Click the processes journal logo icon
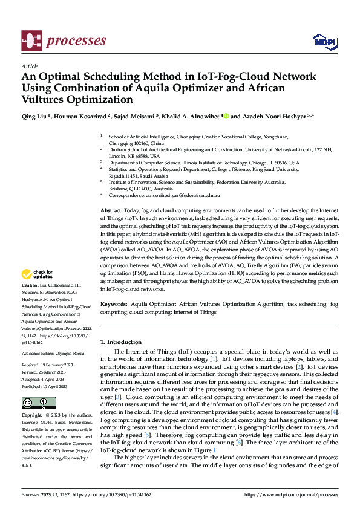click(31, 41)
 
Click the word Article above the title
click(30, 66)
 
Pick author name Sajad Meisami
click(134, 117)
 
